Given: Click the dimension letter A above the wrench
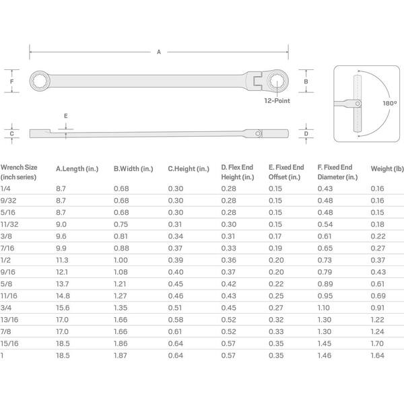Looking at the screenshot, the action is (159, 52).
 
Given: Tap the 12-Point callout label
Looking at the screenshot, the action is (277, 101).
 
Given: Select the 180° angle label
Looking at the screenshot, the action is (390, 103).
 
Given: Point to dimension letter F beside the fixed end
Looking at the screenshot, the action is (11, 81).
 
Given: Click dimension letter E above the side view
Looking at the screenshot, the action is (66, 116).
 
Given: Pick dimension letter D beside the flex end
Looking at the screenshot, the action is (306, 134).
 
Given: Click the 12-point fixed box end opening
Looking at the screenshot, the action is (40, 81).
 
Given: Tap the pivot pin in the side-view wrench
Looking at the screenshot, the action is (258, 133).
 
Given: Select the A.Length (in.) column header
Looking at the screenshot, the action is (77, 169).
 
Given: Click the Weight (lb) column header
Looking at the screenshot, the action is (387, 169).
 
